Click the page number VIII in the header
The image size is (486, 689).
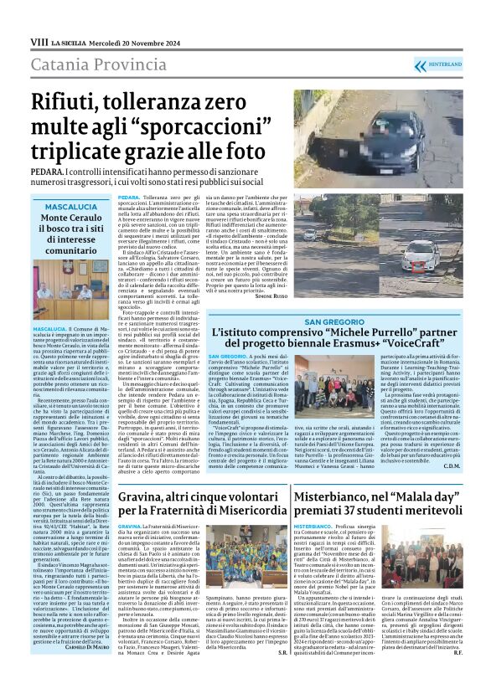click(x=38, y=40)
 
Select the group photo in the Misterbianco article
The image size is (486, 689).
click(x=414, y=571)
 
